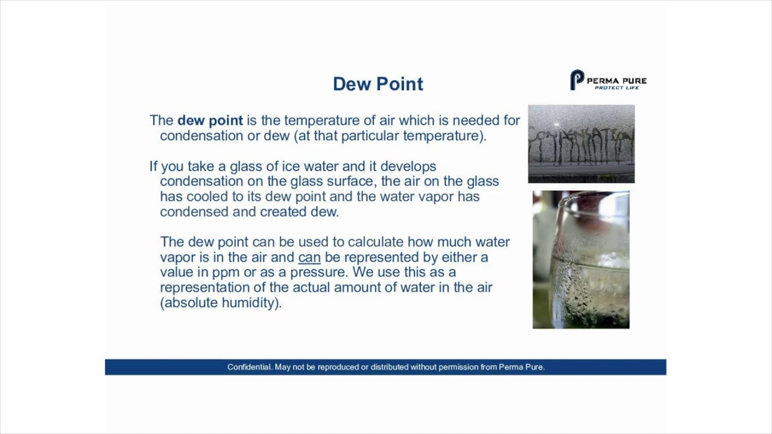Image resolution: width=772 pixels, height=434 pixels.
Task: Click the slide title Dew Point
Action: pos(378,84)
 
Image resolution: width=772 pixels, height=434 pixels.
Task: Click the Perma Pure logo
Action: pos(608,80)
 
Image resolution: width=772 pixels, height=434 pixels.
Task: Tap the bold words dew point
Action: pos(210,121)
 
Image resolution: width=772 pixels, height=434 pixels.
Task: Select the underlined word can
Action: pos(309,257)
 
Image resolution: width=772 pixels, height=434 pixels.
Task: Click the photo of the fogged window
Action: pos(581,143)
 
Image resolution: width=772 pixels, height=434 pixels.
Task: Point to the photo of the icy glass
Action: pos(581,260)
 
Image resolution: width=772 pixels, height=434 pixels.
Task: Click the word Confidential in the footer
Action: pos(249,367)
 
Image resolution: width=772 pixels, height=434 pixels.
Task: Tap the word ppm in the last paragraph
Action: pos(226,272)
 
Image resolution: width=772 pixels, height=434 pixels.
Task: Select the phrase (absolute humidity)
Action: pos(221,303)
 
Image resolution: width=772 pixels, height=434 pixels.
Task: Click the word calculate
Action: pos(375,242)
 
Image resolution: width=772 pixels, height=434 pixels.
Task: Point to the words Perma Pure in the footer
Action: pos(521,367)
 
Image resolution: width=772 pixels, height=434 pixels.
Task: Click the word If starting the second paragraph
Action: pos(153,166)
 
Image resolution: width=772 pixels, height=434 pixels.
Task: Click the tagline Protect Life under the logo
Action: pos(616,88)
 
